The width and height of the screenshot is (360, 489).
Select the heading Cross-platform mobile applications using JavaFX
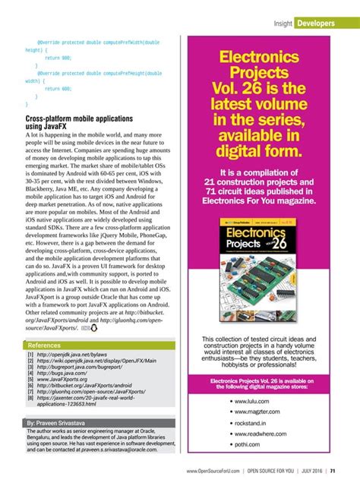79,124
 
